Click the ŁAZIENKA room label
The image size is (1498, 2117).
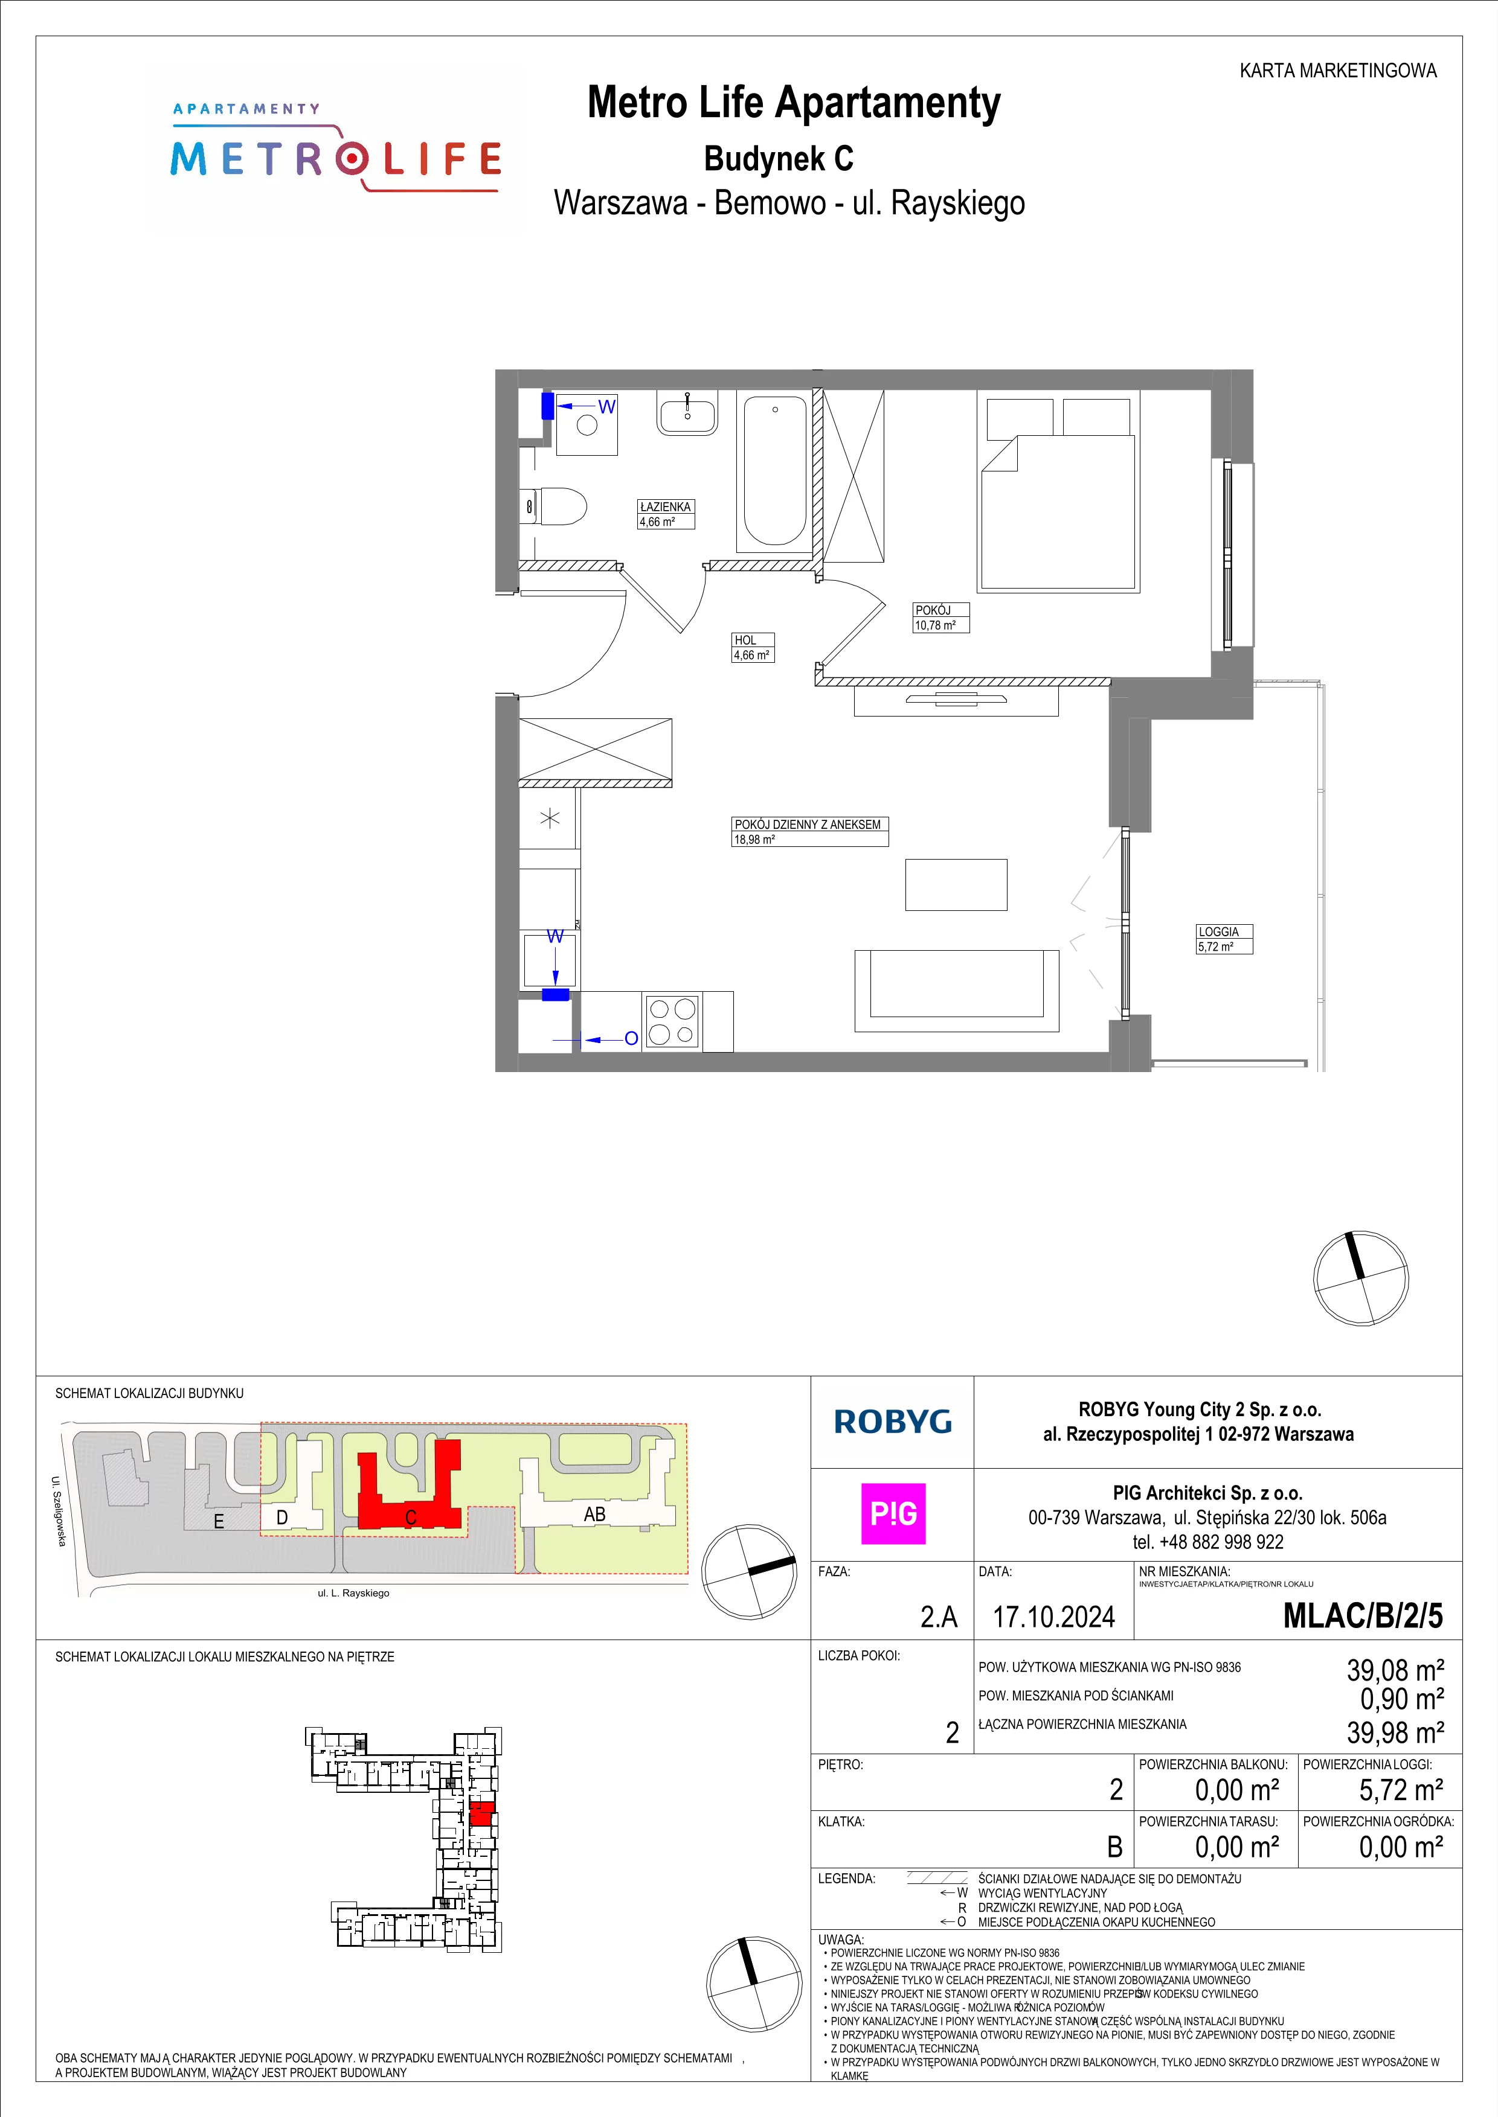tap(665, 507)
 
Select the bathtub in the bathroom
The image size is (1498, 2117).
tap(775, 472)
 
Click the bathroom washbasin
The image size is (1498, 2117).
tap(687, 413)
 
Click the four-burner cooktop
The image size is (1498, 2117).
tap(672, 1021)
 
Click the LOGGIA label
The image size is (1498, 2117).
tap(1218, 932)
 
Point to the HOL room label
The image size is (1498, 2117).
tap(745, 640)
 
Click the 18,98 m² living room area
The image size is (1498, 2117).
tap(754, 840)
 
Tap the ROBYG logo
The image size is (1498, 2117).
tap(892, 1422)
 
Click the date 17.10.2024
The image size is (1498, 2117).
tap(1053, 1617)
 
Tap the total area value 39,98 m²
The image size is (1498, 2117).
tap(1395, 1732)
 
